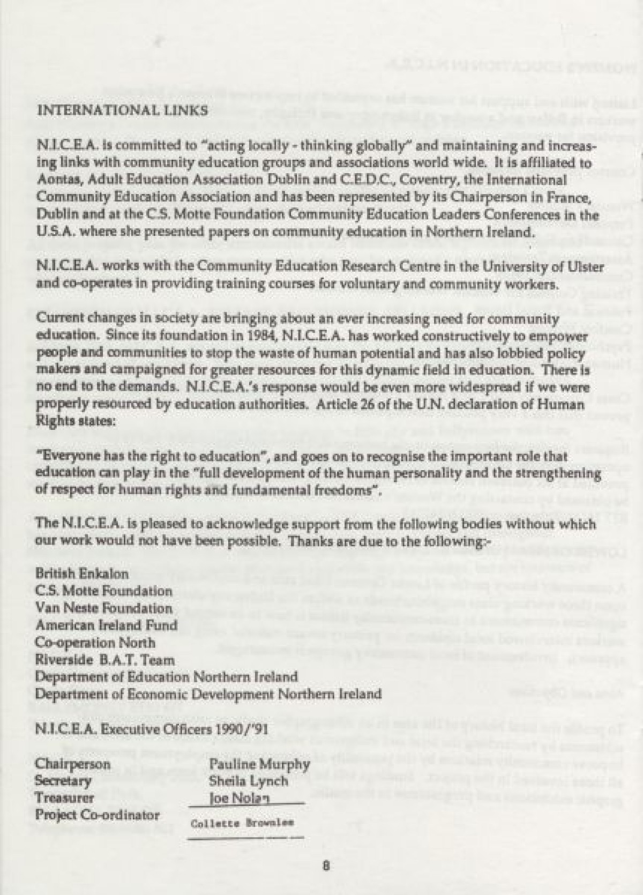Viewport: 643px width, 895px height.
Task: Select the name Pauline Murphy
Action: [x=260, y=764]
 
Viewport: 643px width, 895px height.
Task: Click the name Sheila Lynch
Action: [x=249, y=781]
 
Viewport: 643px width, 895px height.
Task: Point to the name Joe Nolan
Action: [x=239, y=799]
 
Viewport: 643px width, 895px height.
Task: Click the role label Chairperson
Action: [x=73, y=763]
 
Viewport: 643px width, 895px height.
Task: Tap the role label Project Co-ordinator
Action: [x=98, y=815]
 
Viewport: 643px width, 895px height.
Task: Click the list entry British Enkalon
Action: [x=82, y=573]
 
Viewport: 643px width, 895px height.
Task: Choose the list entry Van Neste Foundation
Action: [x=104, y=608]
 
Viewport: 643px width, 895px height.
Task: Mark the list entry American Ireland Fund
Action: [x=106, y=625]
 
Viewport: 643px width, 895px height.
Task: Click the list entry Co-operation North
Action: [x=95, y=642]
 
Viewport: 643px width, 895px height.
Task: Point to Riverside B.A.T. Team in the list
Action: [x=104, y=659]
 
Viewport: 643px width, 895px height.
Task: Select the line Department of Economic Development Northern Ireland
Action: [x=208, y=693]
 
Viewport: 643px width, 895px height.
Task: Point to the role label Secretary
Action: [x=63, y=780]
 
